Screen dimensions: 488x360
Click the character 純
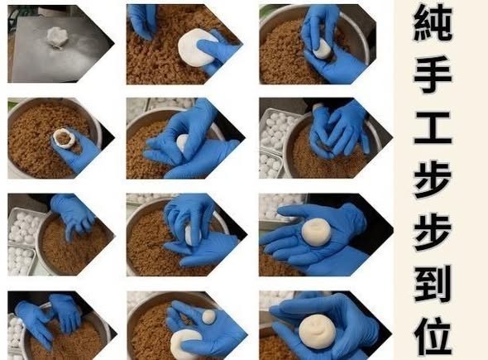433,22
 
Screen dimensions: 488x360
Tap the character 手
433,74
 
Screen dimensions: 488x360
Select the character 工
433,127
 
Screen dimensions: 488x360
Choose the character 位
433,336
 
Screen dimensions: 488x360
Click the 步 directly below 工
433,180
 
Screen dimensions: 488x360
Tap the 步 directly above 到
433,233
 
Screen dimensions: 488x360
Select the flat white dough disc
197,47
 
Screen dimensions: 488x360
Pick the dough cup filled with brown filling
65,137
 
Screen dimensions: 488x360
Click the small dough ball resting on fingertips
208,317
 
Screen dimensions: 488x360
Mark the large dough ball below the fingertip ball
185,343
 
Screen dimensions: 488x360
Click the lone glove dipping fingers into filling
74,214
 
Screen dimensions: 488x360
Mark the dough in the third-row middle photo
190,234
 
